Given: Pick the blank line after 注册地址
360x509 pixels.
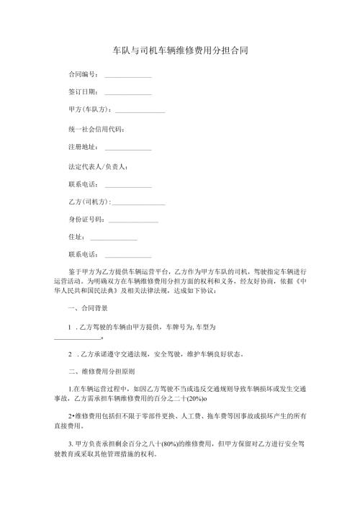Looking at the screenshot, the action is (x=128, y=149).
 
